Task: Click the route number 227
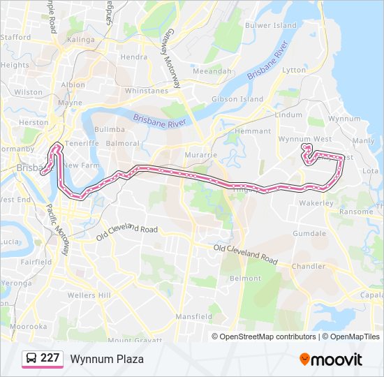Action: [x=50, y=358]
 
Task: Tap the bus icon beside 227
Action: [x=31, y=358]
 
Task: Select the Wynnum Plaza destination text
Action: [x=106, y=359]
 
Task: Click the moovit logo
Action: [x=331, y=359]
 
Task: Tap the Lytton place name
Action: [x=293, y=70]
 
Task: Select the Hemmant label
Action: [x=253, y=131]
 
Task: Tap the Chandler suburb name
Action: [x=309, y=266]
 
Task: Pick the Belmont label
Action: [x=245, y=278]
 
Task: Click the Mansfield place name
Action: [x=194, y=316]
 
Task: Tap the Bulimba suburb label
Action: [x=110, y=129]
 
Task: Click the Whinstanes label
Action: [x=146, y=91]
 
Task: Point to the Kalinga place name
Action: [x=80, y=40]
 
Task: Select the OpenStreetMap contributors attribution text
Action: [x=267, y=337]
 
